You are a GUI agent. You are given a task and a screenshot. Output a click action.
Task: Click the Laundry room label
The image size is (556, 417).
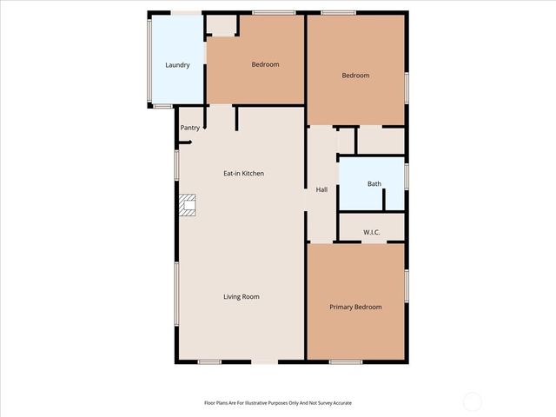point(177,65)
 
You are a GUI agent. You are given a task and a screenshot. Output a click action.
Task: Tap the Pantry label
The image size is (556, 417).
point(190,128)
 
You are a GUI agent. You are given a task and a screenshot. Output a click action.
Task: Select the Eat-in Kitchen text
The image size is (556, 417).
point(244,174)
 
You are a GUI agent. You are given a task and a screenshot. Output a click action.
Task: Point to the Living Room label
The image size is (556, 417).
point(241,297)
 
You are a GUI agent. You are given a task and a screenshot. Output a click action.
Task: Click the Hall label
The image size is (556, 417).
point(321,189)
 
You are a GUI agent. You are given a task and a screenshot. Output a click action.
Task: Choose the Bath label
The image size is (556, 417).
point(374,183)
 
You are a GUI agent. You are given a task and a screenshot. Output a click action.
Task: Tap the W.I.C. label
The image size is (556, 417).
point(372,232)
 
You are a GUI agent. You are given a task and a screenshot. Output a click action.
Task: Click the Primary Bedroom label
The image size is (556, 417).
point(355,307)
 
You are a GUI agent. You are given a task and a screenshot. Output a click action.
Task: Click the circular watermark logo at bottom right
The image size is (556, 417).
point(472,401)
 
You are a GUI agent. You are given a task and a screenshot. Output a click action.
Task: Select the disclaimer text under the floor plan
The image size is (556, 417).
point(278,403)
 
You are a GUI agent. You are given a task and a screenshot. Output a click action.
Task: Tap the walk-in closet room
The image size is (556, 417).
point(372,225)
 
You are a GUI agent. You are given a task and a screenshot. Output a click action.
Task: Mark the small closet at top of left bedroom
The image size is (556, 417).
point(222,26)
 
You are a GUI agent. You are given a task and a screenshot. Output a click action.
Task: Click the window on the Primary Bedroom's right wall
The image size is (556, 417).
point(407,286)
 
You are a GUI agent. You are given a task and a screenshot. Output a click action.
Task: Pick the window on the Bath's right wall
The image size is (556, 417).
point(407,174)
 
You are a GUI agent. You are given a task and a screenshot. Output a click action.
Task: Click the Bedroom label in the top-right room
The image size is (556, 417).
point(355,76)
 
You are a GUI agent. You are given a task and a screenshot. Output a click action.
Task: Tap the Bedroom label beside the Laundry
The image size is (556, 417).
point(265,64)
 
